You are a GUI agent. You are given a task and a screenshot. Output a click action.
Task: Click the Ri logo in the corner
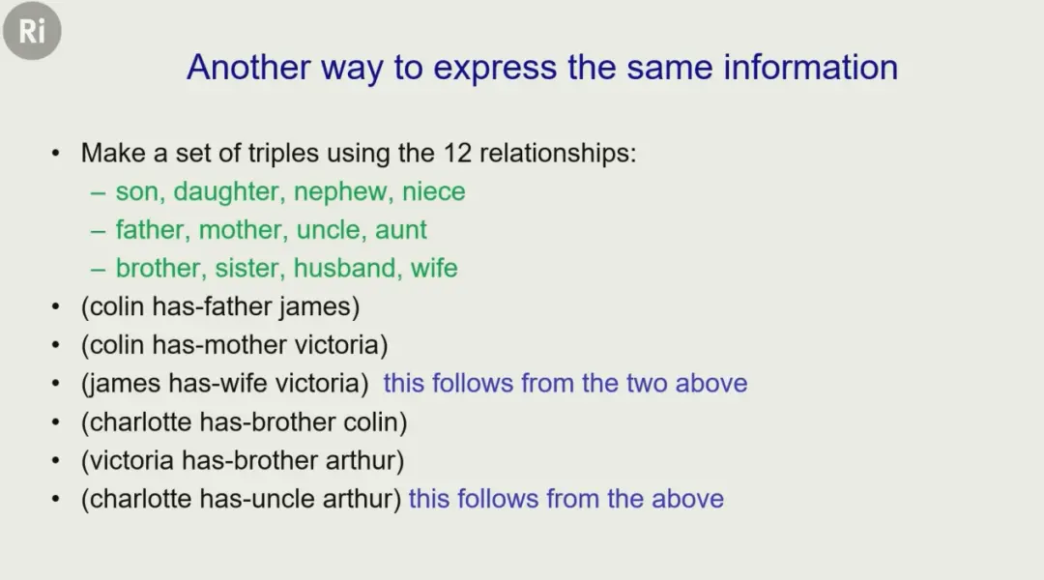(x=32, y=31)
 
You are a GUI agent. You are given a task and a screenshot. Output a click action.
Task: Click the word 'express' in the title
(x=495, y=69)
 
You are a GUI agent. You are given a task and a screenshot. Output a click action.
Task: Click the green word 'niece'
(x=433, y=191)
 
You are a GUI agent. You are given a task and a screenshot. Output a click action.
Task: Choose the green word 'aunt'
(x=401, y=230)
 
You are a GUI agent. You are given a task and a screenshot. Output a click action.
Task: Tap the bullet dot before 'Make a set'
(x=55, y=154)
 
